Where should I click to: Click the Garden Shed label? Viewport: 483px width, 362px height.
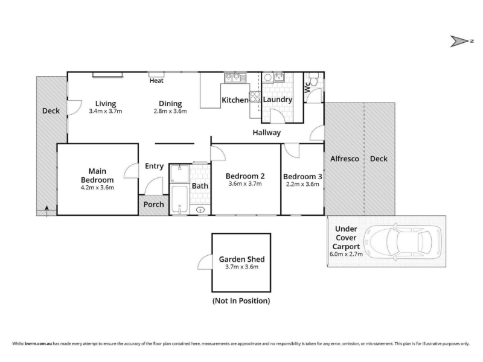coord(242,259)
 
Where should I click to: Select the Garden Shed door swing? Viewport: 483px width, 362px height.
coord(205,262)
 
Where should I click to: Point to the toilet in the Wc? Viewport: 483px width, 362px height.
coord(314,79)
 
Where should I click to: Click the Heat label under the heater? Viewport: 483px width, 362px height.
coord(156,81)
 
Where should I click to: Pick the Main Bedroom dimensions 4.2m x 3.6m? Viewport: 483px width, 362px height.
coord(97,188)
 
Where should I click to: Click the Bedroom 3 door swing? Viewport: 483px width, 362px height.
coord(292,150)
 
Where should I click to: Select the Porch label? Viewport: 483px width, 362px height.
coord(154,205)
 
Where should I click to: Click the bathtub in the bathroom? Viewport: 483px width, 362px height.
coord(179,199)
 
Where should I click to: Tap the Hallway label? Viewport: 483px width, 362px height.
coord(267,133)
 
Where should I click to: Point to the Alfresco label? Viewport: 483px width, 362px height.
coord(345,159)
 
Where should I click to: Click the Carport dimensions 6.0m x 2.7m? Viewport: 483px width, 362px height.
coord(346,254)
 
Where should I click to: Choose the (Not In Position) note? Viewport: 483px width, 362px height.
coord(241,300)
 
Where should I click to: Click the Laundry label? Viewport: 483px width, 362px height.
coord(278,100)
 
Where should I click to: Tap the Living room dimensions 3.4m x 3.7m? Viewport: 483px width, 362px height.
coord(106,111)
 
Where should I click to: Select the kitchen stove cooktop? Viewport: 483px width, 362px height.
coord(255,97)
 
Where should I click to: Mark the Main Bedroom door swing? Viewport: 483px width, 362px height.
coord(130,171)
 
